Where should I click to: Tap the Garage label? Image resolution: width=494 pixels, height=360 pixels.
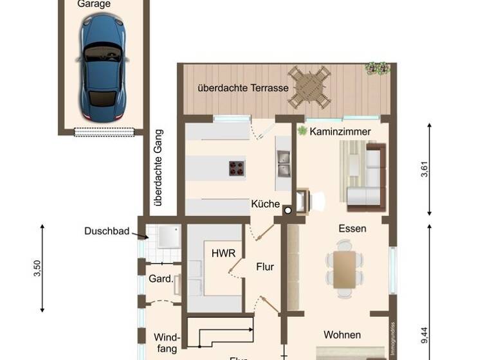tap(94, 4)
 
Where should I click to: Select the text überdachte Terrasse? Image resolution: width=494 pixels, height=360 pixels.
tap(243, 88)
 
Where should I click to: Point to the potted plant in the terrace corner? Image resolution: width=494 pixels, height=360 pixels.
tap(377, 67)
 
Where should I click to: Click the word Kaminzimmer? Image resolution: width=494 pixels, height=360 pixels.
tap(340, 131)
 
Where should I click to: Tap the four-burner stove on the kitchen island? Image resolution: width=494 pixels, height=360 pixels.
tap(237, 168)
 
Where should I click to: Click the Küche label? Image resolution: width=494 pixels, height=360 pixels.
tap(266, 204)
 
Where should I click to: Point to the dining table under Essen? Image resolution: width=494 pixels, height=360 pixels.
tap(344, 269)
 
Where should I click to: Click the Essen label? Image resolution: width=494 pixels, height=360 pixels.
tap(352, 228)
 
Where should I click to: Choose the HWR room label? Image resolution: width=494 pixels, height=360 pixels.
tap(220, 253)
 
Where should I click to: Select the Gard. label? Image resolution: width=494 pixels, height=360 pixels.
tap(160, 279)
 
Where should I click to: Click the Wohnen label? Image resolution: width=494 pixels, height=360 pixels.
tap(342, 335)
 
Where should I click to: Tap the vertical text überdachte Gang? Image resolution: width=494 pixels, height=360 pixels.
tap(158, 168)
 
